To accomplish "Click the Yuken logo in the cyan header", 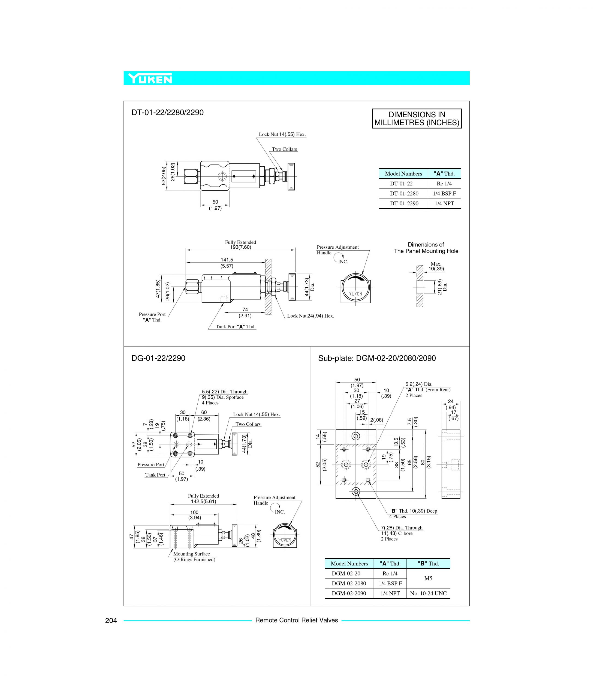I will click(150, 79).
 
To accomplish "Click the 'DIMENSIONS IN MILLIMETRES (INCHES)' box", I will click(417, 119).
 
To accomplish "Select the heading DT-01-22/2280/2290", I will click(167, 113).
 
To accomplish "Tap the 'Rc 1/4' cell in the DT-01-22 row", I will click(444, 183).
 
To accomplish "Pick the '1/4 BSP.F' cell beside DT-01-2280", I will click(444, 193).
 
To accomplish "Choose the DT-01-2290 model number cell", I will click(404, 203).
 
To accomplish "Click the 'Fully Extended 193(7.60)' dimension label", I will click(240, 245).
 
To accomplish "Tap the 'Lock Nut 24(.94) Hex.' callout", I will click(310, 316).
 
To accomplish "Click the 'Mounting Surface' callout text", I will click(191, 554).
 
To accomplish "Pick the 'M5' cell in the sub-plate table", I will click(428, 578).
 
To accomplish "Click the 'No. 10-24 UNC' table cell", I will click(428, 594).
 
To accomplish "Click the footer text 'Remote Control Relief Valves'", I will click(296, 620).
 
